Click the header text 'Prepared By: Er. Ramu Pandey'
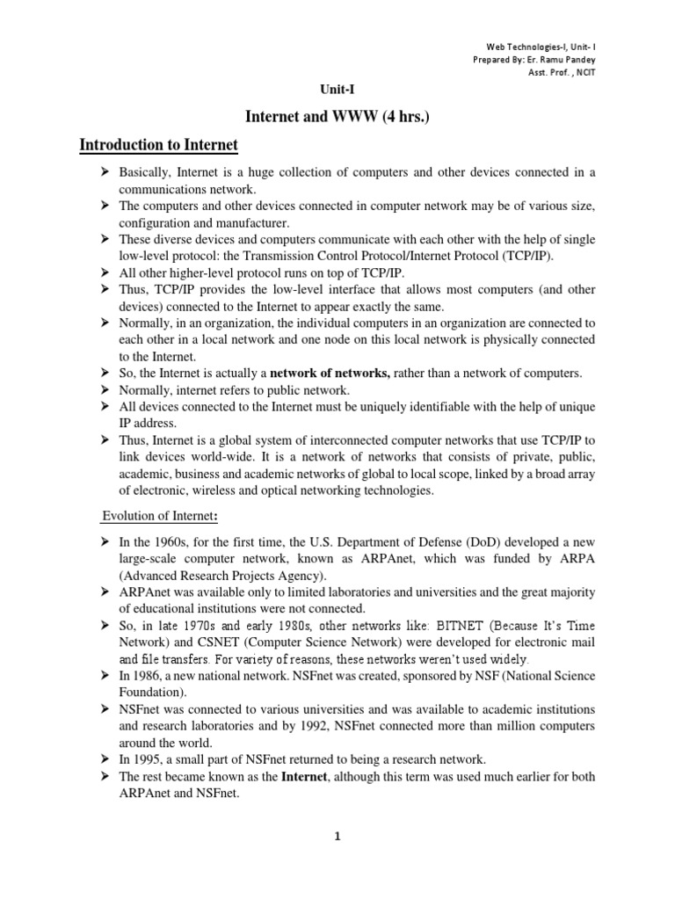click(x=540, y=59)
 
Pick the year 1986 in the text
click(x=150, y=675)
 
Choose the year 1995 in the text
click(x=150, y=758)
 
